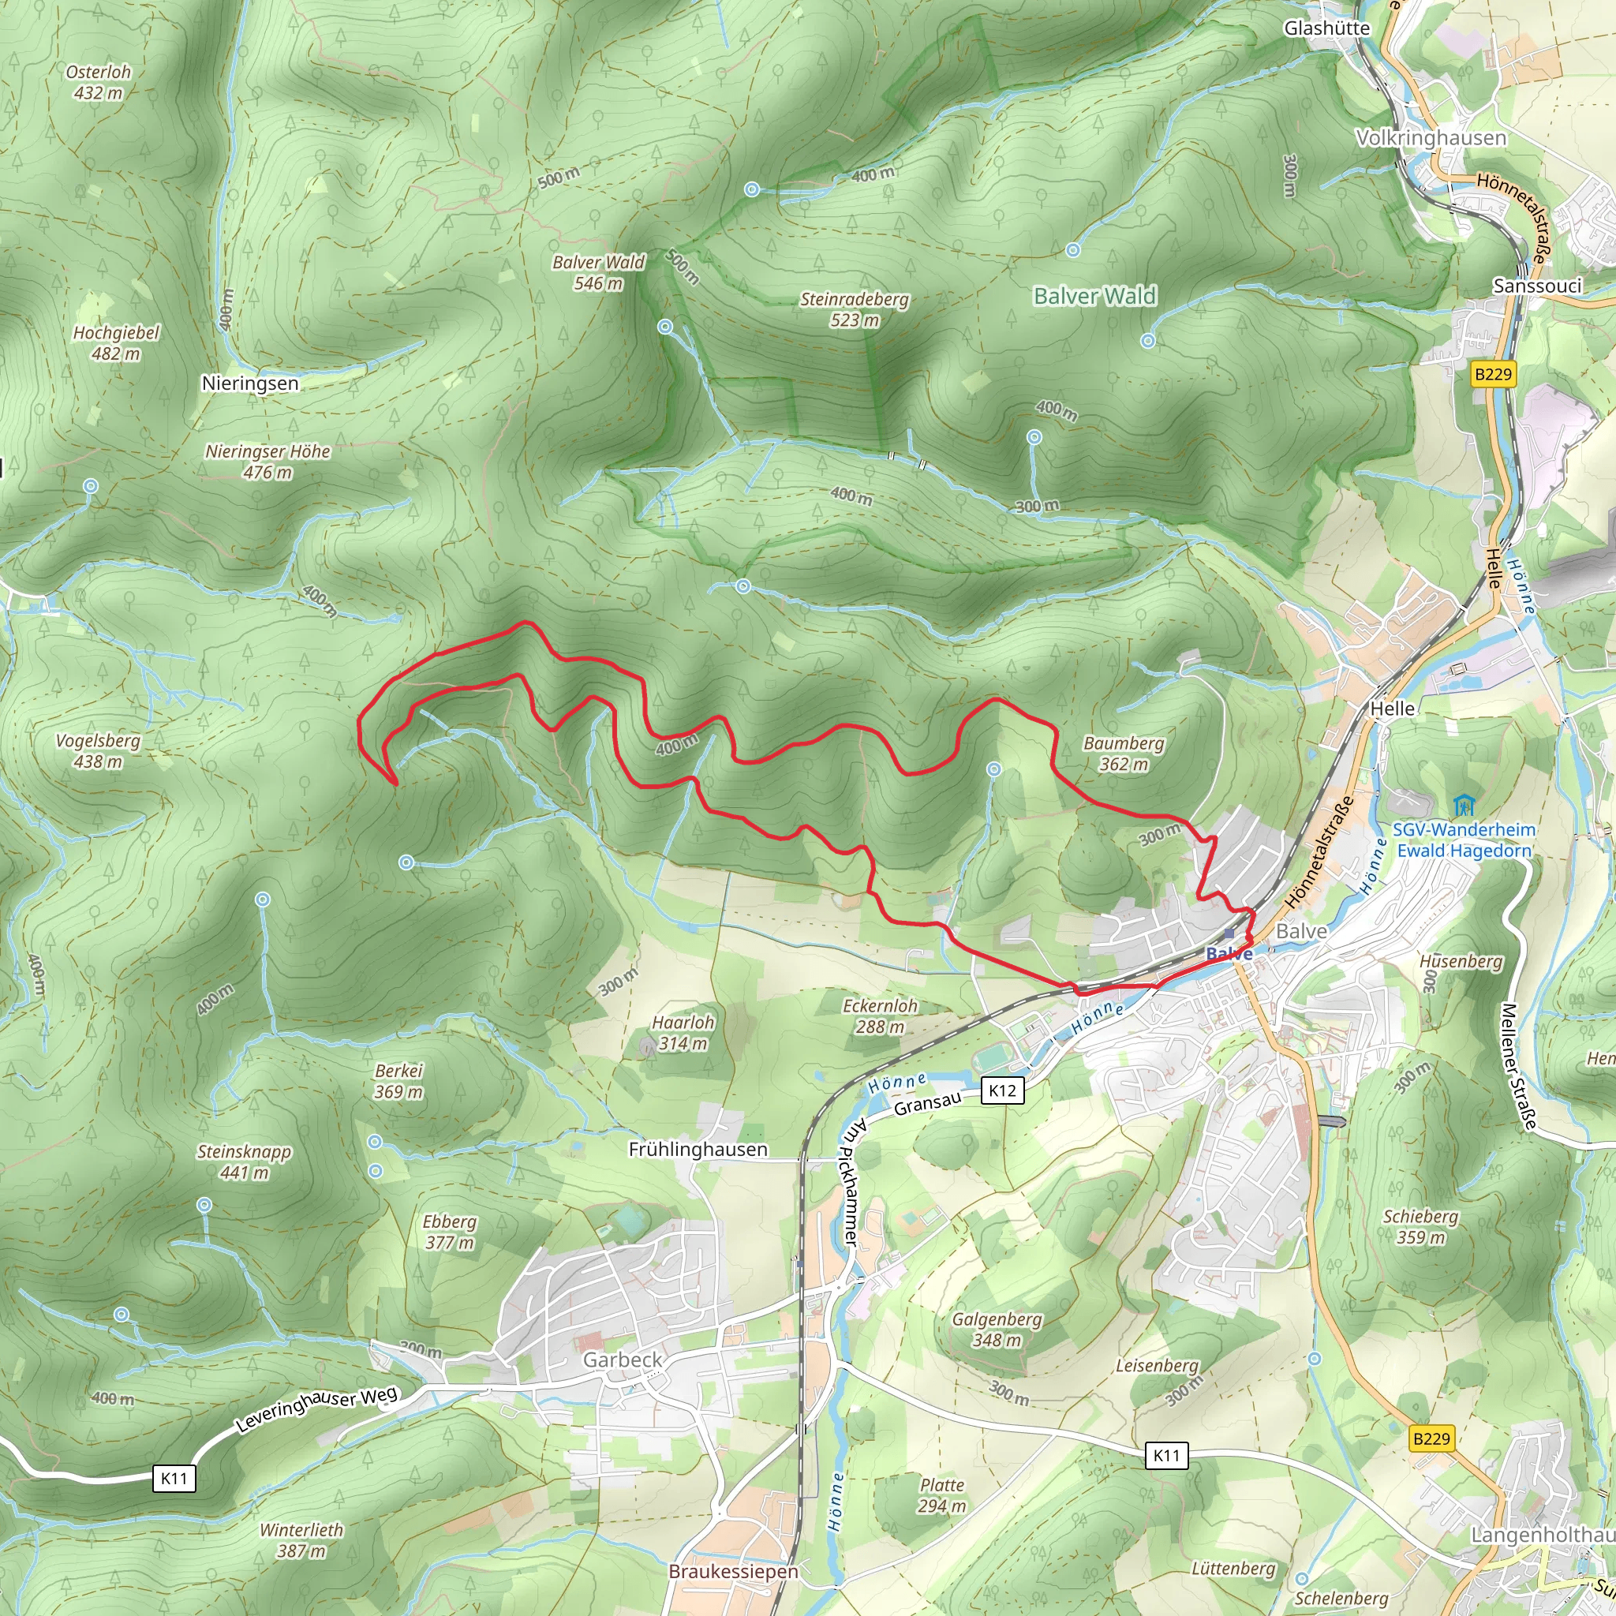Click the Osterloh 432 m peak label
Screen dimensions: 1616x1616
pyautogui.click(x=99, y=82)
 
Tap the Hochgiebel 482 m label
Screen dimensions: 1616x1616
pyautogui.click(x=115, y=343)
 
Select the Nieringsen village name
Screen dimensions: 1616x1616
pyautogui.click(x=250, y=383)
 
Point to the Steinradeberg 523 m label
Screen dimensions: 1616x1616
pyautogui.click(x=854, y=309)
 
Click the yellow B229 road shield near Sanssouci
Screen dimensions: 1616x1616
pyautogui.click(x=1493, y=374)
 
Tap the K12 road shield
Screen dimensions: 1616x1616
pyautogui.click(x=1002, y=1090)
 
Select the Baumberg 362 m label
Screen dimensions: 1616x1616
pyautogui.click(x=1124, y=754)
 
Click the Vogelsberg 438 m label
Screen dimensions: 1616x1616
pyautogui.click(x=98, y=750)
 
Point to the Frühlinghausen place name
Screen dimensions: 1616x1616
pyautogui.click(x=698, y=1149)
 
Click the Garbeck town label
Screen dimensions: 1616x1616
pyautogui.click(x=623, y=1360)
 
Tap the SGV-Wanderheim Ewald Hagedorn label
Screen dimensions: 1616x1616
pyautogui.click(x=1464, y=840)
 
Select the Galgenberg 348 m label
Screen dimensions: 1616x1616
pyautogui.click(x=997, y=1329)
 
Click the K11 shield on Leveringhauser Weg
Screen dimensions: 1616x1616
pyautogui.click(x=174, y=1478)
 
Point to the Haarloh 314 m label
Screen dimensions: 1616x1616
pyautogui.click(x=683, y=1032)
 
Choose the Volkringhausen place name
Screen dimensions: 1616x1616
pyautogui.click(x=1431, y=138)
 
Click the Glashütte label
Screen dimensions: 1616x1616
pyautogui.click(x=1326, y=28)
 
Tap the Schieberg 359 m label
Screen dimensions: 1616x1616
pyautogui.click(x=1420, y=1226)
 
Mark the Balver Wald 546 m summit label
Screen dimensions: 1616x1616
pyautogui.click(x=598, y=273)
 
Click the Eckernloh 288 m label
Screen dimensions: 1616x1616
pyautogui.click(x=880, y=1016)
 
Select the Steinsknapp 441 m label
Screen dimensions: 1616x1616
pyautogui.click(x=243, y=1161)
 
